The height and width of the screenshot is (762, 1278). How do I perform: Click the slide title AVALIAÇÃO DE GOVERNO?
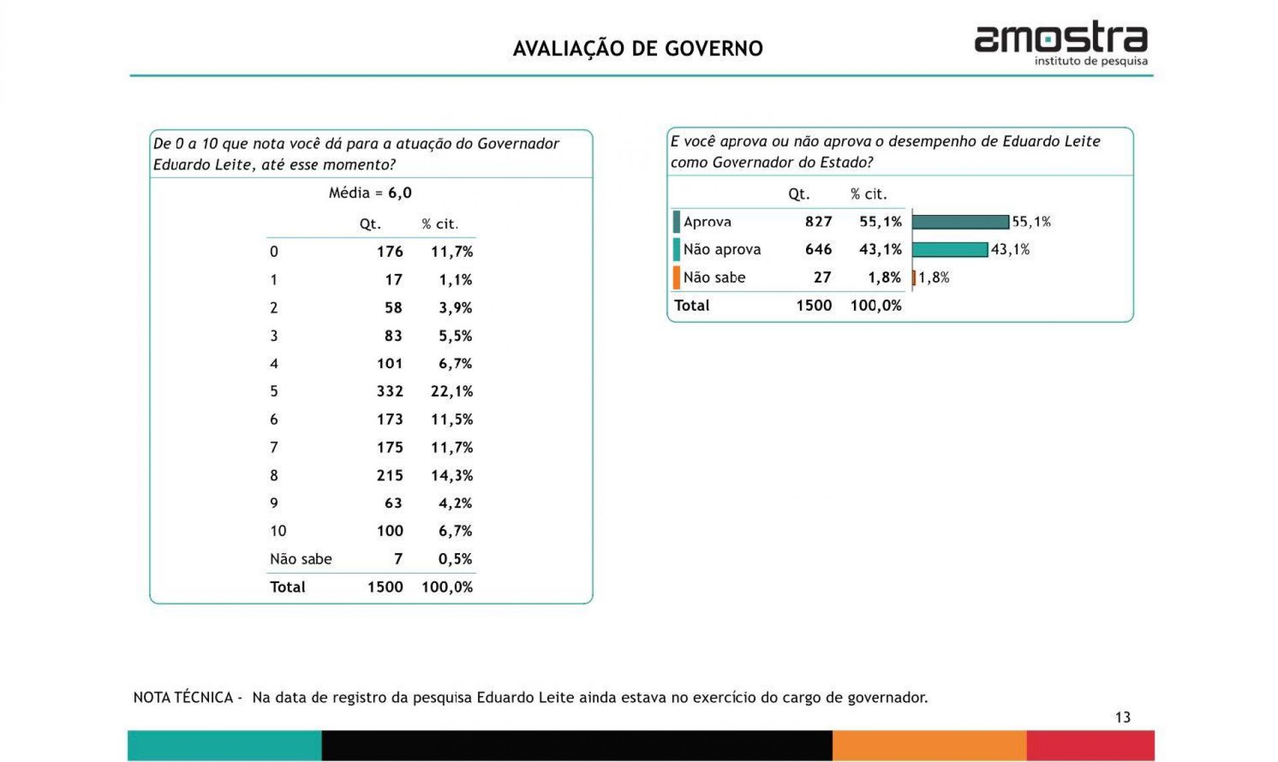click(638, 49)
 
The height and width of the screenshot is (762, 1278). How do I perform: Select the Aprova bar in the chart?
click(960, 222)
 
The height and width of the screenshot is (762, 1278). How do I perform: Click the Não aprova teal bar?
click(950, 250)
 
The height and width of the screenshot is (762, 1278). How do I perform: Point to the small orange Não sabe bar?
click(914, 278)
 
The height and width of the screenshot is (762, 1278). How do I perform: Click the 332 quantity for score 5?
click(389, 391)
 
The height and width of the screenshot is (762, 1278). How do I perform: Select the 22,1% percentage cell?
click(451, 391)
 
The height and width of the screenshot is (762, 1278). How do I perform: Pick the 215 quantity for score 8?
click(389, 475)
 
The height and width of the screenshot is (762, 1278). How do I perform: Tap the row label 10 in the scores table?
click(278, 531)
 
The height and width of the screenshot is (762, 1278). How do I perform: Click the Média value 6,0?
click(400, 193)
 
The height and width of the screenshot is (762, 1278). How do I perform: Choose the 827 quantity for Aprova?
click(818, 222)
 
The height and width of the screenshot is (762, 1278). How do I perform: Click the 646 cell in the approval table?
click(818, 250)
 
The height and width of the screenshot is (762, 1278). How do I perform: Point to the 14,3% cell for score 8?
click(451, 475)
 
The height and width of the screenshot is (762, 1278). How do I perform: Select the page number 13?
click(1122, 717)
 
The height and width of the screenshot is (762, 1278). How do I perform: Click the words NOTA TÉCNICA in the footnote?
click(183, 697)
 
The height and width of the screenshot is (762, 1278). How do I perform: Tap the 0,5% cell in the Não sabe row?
click(455, 559)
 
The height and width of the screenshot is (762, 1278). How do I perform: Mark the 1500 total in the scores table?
click(385, 587)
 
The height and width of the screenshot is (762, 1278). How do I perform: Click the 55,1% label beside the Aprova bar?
click(1031, 222)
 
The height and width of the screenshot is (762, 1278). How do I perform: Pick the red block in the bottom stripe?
click(1090, 745)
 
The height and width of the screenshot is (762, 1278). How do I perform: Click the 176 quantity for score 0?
click(389, 252)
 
